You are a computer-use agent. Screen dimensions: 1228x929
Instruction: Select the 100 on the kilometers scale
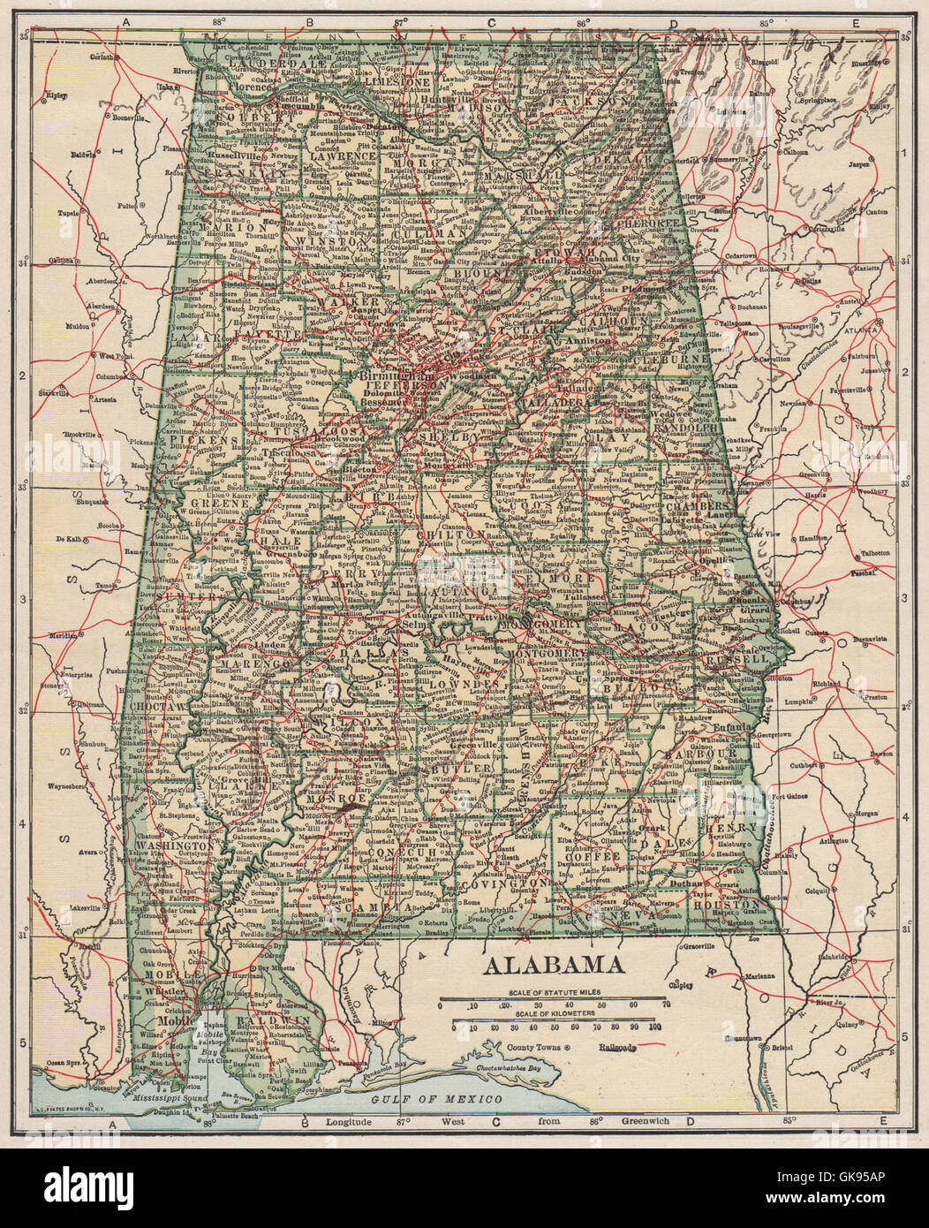point(654,1027)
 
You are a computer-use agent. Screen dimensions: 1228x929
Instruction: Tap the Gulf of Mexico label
point(436,1098)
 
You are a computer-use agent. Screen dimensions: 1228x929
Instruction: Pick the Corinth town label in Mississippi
point(102,56)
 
